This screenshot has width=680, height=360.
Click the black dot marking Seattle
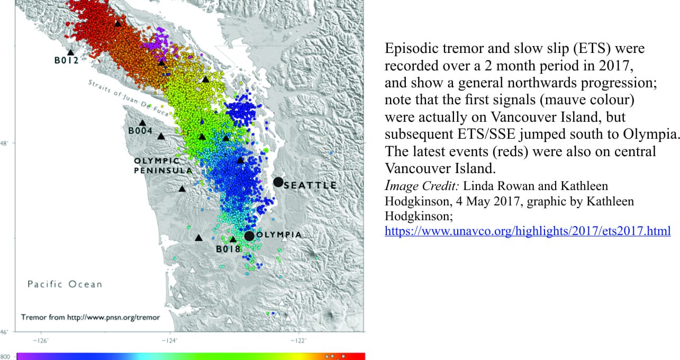(x=278, y=182)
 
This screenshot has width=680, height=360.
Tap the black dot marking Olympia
(x=249, y=236)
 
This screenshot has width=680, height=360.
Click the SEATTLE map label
(x=310, y=185)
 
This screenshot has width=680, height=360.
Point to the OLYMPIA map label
(x=279, y=235)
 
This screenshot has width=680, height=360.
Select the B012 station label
(x=67, y=60)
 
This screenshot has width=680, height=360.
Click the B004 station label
(x=140, y=131)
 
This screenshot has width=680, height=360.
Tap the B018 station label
(x=228, y=249)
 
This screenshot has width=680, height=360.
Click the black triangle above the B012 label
(x=70, y=52)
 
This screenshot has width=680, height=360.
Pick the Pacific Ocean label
(x=65, y=284)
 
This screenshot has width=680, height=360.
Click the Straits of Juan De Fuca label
(x=129, y=98)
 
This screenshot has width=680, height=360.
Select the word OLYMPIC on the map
(x=157, y=161)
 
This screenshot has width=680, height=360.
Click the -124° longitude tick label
(x=169, y=341)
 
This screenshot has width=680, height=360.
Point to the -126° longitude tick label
(x=41, y=341)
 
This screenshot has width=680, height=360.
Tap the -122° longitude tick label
(x=298, y=341)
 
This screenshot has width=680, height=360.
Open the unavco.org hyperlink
(x=528, y=231)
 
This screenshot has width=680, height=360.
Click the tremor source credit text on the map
(x=90, y=318)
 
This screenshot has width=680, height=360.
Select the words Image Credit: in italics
(x=422, y=186)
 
